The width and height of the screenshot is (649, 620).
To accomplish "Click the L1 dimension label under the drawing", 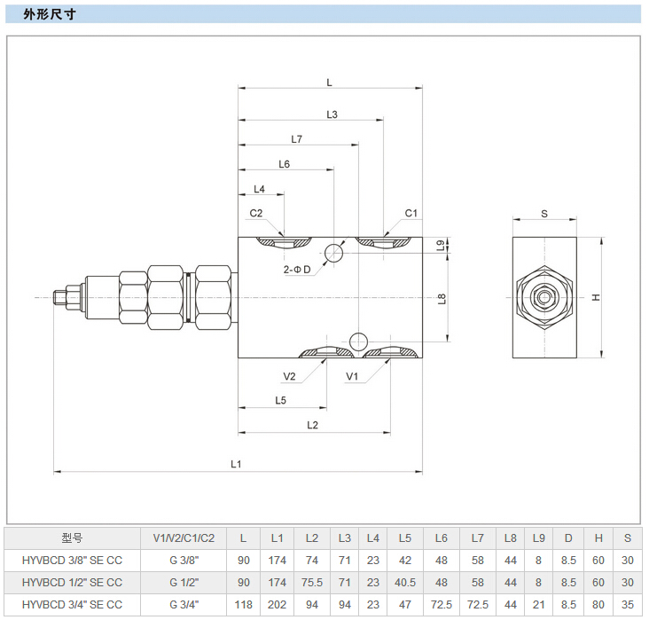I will pos(236,463).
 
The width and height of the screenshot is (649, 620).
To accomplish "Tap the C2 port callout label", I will pos(255,213).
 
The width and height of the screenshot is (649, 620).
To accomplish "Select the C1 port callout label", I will pos(411,213).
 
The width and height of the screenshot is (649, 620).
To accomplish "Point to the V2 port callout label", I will pos(289,376).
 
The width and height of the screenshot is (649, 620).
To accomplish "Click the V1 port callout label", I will pos(352,376).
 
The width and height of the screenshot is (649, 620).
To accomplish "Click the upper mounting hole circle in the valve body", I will pos(333,254).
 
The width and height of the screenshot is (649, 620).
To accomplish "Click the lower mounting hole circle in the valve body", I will pos(357,341).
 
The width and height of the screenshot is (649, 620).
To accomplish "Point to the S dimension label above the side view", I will pos(544,214).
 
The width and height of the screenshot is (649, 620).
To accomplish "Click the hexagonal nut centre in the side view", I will pos(543,298).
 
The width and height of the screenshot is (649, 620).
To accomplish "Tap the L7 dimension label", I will pos(297,139).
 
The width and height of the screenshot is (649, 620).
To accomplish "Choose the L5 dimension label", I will pos(280,400).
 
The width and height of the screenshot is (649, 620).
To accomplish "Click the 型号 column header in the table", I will pos(72,538).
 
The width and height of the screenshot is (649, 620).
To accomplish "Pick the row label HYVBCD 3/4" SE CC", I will pos(72,605).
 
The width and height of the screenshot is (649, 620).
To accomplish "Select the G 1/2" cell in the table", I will pos(184,583).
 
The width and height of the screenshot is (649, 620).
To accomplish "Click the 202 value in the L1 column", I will pos(278,605).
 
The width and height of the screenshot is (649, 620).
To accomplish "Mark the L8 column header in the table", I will pos(511,538).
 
